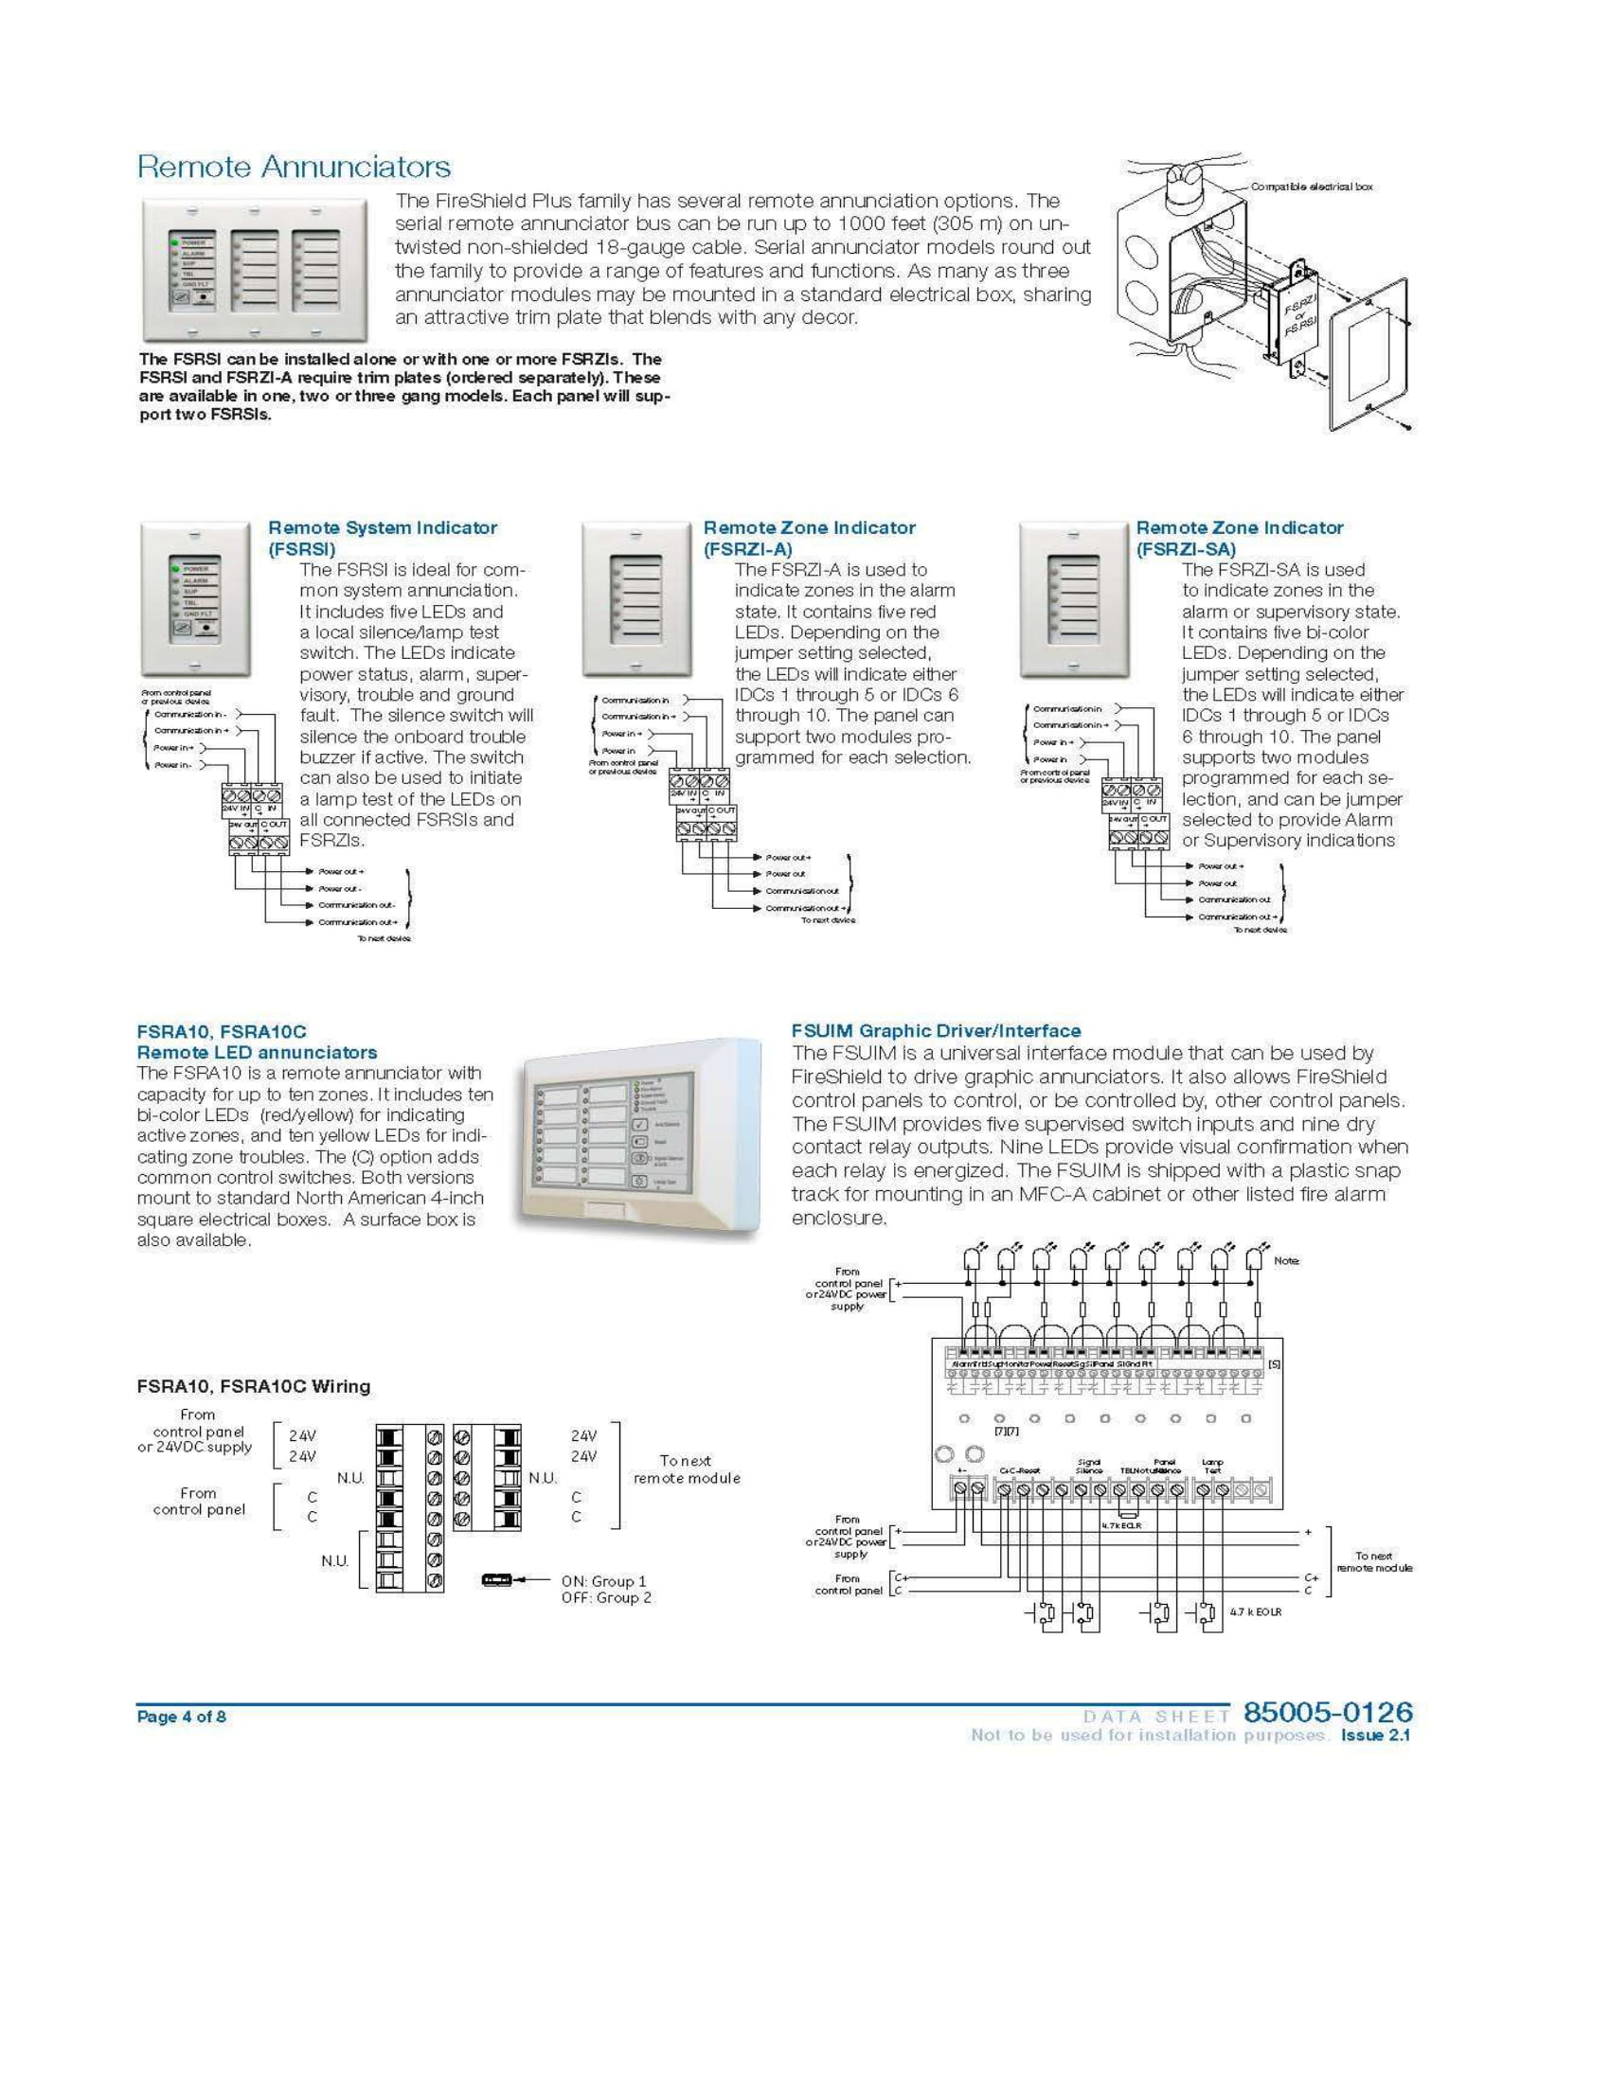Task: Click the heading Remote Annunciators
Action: click(x=294, y=167)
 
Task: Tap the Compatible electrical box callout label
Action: click(x=1312, y=187)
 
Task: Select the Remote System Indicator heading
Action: click(x=383, y=527)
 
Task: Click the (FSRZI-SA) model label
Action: click(x=1186, y=549)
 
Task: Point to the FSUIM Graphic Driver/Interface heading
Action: click(x=936, y=1031)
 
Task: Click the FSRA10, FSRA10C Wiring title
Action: click(x=254, y=1387)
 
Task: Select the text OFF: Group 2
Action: click(x=607, y=1597)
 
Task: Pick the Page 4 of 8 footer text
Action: click(x=181, y=1717)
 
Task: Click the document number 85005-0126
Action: click(x=1327, y=1712)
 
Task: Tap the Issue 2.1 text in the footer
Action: click(x=1375, y=1735)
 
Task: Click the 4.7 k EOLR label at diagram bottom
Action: click(x=1256, y=1611)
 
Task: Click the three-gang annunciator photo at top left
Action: click(x=255, y=270)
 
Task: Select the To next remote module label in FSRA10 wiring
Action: click(x=686, y=1469)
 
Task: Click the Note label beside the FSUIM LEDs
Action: click(x=1286, y=1261)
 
